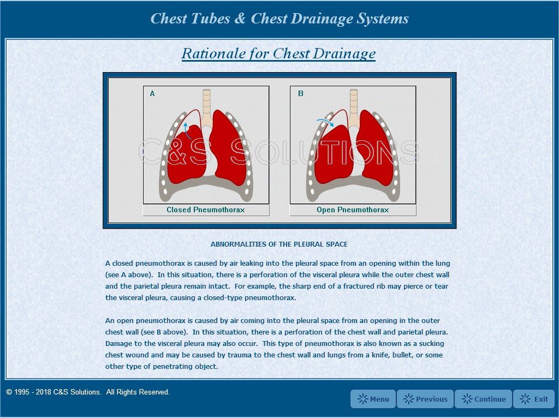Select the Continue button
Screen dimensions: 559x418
tap(483, 399)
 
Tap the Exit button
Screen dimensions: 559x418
tap(534, 399)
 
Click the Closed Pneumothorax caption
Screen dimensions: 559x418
tap(206, 210)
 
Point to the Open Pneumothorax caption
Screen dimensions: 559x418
tap(353, 210)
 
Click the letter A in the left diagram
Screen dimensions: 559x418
tap(152, 94)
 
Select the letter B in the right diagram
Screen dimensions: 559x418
tap(301, 94)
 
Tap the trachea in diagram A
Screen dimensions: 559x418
tap(206, 104)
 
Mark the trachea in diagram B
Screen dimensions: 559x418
tap(353, 104)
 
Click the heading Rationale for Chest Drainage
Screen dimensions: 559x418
tap(278, 53)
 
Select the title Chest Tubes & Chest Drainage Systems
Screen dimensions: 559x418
tap(279, 19)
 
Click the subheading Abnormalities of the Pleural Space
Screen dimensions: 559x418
tap(279, 244)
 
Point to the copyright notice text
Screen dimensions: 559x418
tap(88, 392)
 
